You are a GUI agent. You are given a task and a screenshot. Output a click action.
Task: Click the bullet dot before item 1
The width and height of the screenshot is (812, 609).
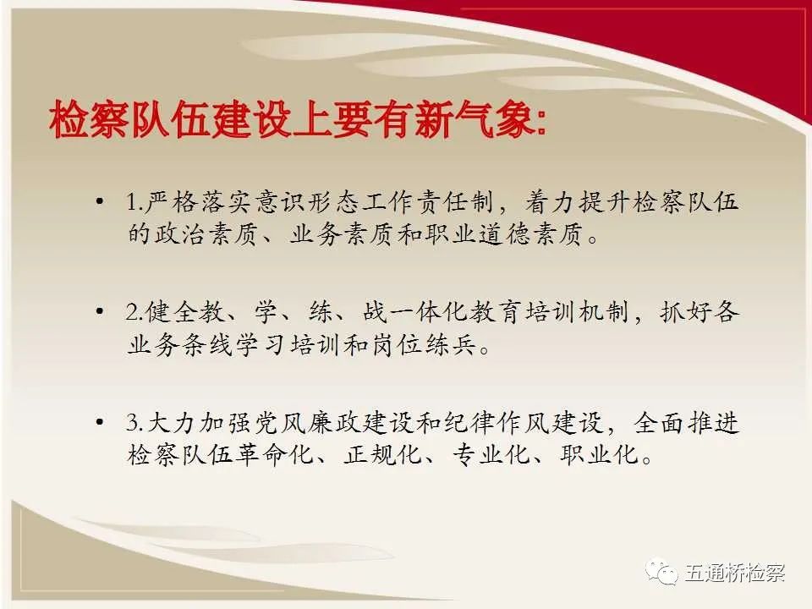pos(100,201)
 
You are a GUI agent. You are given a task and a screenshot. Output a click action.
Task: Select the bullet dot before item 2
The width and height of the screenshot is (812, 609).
pos(100,311)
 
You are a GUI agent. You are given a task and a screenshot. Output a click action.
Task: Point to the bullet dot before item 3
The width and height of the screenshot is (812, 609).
pos(100,423)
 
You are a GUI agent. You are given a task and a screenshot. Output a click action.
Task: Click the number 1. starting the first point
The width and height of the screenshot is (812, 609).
pos(134,202)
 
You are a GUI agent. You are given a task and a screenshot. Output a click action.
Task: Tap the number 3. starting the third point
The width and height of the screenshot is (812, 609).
pos(134,423)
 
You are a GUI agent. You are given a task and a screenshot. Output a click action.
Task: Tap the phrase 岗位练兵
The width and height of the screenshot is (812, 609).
pos(424,345)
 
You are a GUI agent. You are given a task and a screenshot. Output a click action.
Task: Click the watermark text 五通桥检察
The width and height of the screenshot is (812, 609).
pos(735,573)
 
